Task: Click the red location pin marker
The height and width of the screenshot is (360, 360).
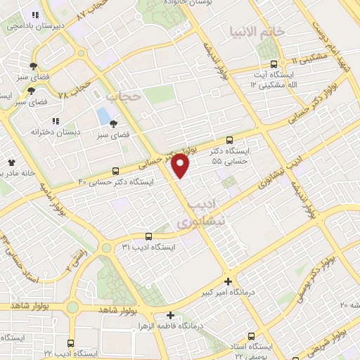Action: click(x=181, y=166)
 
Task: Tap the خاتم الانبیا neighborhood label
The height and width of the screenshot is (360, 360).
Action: click(x=257, y=32)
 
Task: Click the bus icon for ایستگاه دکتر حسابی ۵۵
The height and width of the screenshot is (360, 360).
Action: click(x=230, y=141)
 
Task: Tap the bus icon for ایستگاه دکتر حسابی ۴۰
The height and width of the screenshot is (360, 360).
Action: click(x=116, y=171)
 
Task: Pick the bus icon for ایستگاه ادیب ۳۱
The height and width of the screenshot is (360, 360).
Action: click(x=148, y=237)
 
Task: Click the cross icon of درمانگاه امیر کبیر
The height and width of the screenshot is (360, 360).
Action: click(x=226, y=281)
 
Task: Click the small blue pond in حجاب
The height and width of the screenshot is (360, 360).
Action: click(x=104, y=115)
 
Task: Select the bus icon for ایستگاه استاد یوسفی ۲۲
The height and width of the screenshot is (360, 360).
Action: click(x=252, y=336)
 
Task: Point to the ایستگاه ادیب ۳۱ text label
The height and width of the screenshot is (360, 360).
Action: click(x=146, y=247)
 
